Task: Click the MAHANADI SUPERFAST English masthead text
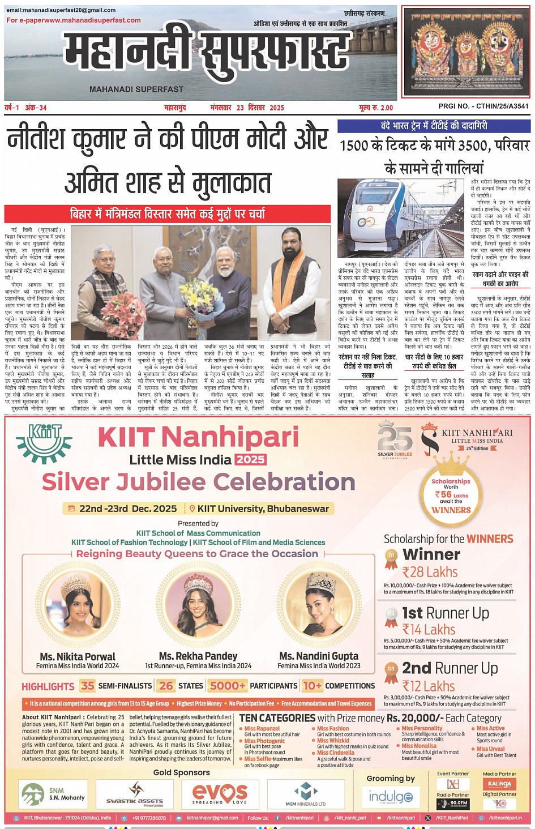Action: pos(136,89)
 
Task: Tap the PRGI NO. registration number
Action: pos(483,106)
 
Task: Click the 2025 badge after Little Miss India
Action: pos(250,459)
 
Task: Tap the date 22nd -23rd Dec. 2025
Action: pos(128,508)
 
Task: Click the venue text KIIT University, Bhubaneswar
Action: pos(263,508)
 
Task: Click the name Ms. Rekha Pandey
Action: pos(198,656)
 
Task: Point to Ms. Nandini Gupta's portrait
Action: pos(319,605)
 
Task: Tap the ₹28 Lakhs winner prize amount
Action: pos(430,572)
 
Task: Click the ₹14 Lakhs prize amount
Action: pos(429,629)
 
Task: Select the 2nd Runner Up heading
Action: pos(450,668)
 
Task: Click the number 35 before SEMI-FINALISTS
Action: pos(88,686)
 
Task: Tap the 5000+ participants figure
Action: pos(228,686)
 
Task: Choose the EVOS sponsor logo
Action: pos(220,793)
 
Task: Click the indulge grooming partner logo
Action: pos(391,797)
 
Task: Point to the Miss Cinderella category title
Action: pos(336,753)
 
